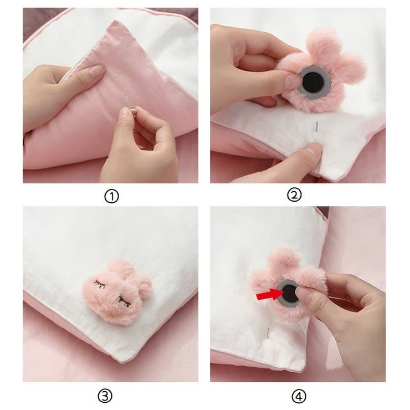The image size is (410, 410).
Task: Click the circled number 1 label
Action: pos(112,196)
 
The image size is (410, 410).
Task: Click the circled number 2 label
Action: pos(294,195)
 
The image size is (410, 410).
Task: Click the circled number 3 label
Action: pos(105,396)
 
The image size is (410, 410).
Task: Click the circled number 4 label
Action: pos(299,397)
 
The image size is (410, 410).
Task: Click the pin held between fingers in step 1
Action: pos(128,99)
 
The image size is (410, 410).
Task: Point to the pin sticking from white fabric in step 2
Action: pos(317,127)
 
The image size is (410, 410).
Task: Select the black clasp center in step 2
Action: pos(312,83)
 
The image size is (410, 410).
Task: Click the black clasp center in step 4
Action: pos(289,293)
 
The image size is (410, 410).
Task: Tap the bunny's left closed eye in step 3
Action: pos(99,284)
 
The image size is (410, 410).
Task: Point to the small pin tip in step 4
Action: pos(268,333)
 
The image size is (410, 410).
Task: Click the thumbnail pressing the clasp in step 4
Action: pos(305,294)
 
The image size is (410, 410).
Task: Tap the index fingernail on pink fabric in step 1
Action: pos(96,70)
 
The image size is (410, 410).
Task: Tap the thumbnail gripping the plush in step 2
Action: pos(292,80)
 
